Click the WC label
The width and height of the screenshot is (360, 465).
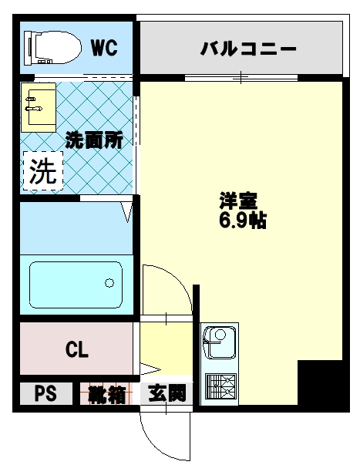(104, 48)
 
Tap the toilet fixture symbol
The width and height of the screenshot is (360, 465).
(52, 48)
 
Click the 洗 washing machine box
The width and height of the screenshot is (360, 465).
(43, 172)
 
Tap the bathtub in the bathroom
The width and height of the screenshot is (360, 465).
(76, 285)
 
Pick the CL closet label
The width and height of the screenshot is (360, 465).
(76, 349)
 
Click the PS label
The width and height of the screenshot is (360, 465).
(45, 395)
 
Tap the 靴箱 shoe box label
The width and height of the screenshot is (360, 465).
(106, 395)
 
